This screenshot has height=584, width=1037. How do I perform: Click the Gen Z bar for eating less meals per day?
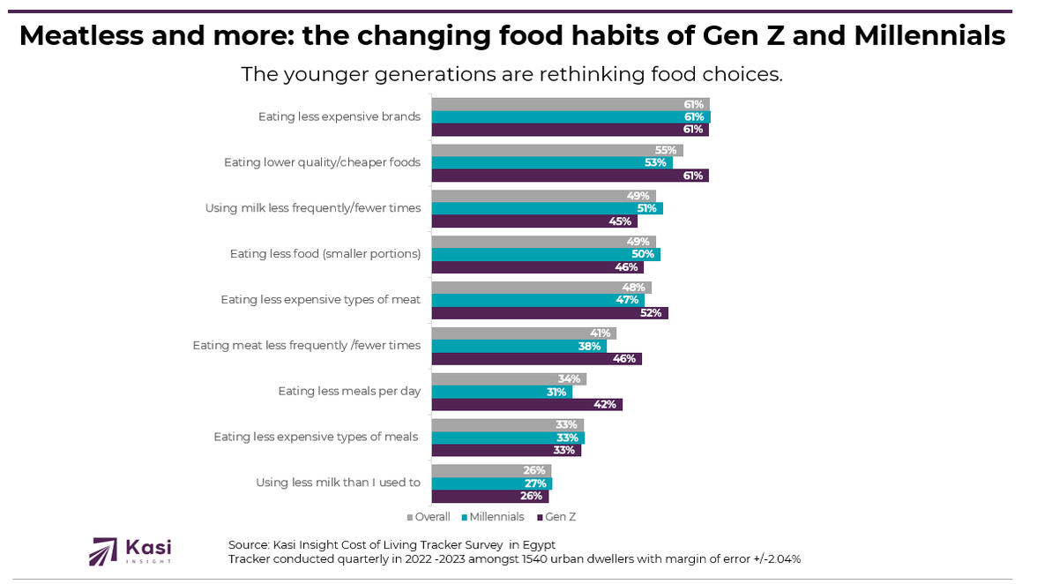526,404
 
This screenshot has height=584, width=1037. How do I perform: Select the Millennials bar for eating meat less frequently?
518,346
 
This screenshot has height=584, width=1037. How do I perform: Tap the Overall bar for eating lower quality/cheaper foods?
556,150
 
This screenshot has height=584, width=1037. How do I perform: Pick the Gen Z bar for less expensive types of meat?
549,312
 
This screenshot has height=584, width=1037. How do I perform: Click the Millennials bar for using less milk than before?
491,483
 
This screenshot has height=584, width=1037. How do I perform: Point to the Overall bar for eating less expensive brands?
570,104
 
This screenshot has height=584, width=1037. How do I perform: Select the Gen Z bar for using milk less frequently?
533,221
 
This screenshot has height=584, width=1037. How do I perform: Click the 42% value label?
604,404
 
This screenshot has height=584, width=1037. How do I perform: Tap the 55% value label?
666,150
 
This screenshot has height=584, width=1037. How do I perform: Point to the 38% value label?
589,346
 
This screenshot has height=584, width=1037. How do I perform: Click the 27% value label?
534,483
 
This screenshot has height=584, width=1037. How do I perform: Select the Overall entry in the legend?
429,517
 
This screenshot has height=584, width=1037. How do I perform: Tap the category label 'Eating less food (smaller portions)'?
325,254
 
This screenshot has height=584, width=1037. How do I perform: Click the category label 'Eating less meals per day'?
348,391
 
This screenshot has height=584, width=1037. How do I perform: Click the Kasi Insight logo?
131,550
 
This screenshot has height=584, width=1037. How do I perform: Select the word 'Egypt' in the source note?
537,543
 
